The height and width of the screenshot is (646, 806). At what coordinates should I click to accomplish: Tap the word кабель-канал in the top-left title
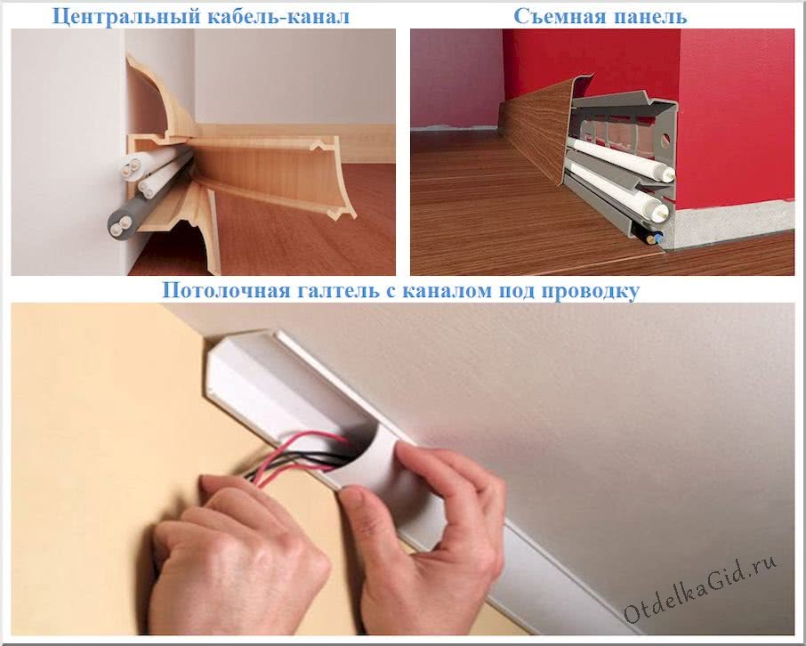(278, 16)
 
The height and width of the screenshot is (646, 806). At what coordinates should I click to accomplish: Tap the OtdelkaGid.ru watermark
(700, 591)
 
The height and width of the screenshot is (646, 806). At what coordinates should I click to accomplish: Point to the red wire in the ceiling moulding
(303, 453)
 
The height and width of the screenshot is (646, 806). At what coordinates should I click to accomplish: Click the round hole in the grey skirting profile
(665, 138)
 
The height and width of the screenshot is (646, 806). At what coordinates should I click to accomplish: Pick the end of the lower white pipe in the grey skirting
(663, 212)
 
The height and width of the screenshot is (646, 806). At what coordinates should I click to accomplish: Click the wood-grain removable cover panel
(535, 133)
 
